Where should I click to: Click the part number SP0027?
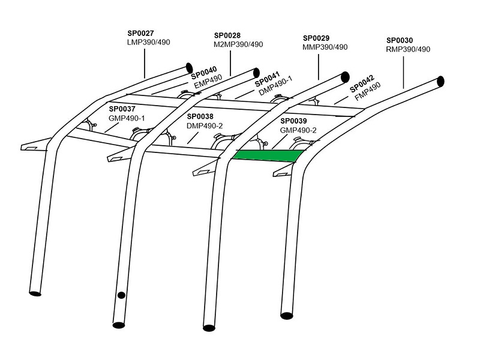pos(140,34)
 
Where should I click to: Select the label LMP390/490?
pos(149,43)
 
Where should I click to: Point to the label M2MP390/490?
pos(238,44)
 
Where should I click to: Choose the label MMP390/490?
pos(325,47)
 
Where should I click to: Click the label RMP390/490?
pos(409,49)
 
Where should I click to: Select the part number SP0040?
pos(204,71)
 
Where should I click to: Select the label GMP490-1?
pos(127,118)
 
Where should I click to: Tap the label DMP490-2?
pos(205,125)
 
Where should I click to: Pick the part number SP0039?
pos(293,121)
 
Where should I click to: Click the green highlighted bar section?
pos(267,155)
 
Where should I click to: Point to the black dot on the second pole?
pos(121,295)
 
